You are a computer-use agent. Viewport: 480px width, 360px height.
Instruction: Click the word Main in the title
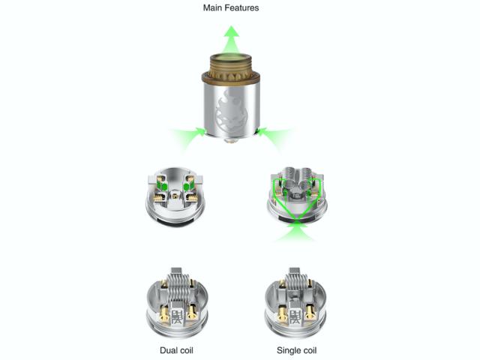[214, 8]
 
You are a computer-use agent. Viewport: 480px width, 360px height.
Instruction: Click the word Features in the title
[243, 8]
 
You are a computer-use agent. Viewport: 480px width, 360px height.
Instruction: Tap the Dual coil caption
[176, 350]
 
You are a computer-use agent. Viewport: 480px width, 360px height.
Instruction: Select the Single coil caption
[297, 350]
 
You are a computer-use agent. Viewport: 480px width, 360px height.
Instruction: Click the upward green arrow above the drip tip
[232, 39]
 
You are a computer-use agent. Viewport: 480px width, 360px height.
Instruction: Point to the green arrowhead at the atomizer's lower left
[201, 131]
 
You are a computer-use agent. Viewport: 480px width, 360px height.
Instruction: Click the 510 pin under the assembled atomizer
[231, 140]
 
